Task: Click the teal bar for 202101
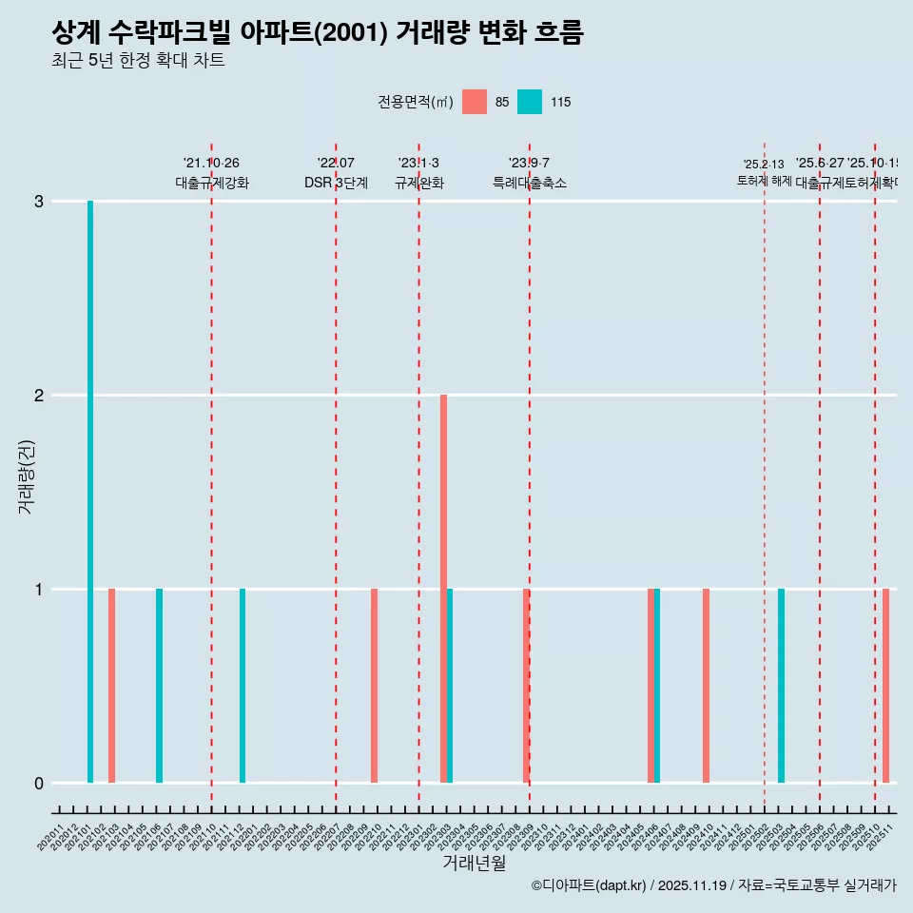(x=90, y=492)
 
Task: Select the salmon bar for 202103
(x=111, y=686)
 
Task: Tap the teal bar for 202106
(x=159, y=686)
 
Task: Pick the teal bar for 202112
(x=243, y=686)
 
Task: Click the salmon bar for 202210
(x=374, y=686)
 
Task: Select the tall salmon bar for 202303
(x=443, y=589)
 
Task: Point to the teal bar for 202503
(x=781, y=686)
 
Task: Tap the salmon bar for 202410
(x=706, y=686)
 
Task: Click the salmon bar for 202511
(x=885, y=686)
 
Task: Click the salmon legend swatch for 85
(x=474, y=102)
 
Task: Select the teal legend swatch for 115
(x=530, y=102)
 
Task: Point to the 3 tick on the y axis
(x=39, y=202)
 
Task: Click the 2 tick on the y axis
(x=39, y=396)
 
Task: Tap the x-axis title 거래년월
(x=474, y=863)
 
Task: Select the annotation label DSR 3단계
(x=336, y=183)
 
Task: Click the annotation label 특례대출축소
(x=529, y=183)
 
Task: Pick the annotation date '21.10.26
(x=211, y=163)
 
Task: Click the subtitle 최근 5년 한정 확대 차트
(x=138, y=61)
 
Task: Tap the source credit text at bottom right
(x=713, y=885)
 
